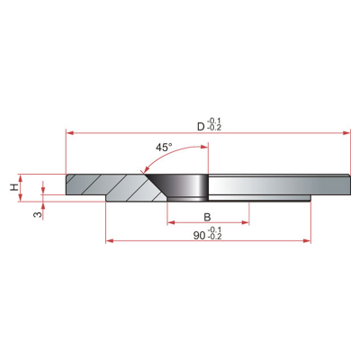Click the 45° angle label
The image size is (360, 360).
coord(164,148)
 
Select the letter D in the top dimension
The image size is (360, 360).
coord(201,127)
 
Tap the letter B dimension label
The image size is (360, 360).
coord(207,217)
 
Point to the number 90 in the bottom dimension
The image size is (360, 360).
coord(199,236)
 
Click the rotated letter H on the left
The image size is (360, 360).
coord(14,188)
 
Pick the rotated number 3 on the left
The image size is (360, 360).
coord(38,214)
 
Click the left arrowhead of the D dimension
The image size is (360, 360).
coord(69,133)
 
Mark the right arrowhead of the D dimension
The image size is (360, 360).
coord(346,133)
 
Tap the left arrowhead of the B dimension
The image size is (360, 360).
coord(171,222)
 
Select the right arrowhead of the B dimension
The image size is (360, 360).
coord(246,222)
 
